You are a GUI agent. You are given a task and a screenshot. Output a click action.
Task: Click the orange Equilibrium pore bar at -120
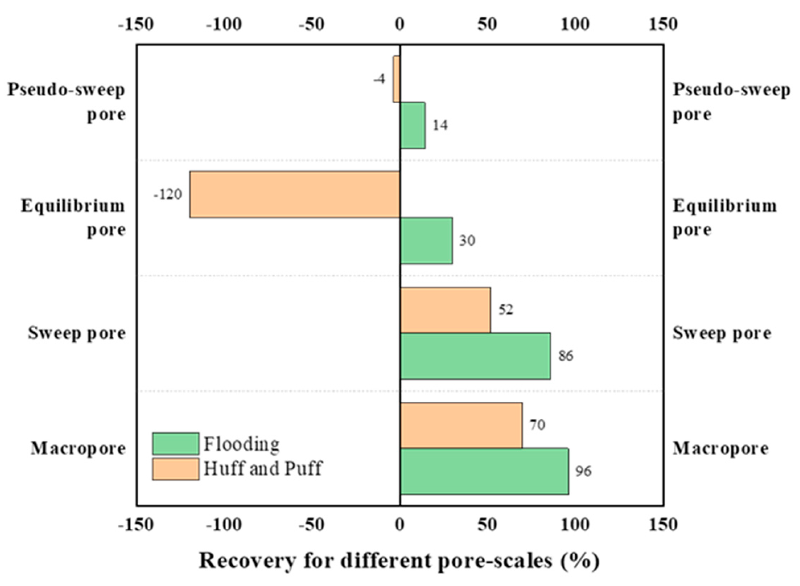pyautogui.click(x=294, y=194)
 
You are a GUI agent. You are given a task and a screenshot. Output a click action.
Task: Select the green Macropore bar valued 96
pyautogui.click(x=484, y=471)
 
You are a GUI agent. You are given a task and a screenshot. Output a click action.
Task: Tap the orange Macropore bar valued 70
pyautogui.click(x=461, y=425)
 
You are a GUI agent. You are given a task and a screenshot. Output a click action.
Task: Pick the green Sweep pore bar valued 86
pyautogui.click(x=475, y=356)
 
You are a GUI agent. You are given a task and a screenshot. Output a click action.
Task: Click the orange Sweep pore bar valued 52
pyautogui.click(x=445, y=310)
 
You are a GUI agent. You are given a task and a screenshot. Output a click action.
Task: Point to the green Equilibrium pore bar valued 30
pyautogui.click(x=426, y=240)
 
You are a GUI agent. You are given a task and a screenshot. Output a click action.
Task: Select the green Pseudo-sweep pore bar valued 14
pyautogui.click(x=413, y=125)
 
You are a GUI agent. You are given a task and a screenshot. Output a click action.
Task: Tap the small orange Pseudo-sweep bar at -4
pyautogui.click(x=396, y=79)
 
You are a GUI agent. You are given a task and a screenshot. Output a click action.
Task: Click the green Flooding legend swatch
pyautogui.click(x=176, y=444)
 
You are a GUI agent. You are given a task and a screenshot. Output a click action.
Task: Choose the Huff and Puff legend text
pyautogui.click(x=263, y=469)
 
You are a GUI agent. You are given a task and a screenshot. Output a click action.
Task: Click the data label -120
pyautogui.click(x=168, y=194)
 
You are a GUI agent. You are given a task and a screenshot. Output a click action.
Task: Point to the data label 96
pyautogui.click(x=583, y=471)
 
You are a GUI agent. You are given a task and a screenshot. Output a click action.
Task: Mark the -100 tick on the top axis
pyautogui.click(x=224, y=24)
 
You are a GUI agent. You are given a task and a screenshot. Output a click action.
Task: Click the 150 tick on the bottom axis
pyautogui.click(x=663, y=525)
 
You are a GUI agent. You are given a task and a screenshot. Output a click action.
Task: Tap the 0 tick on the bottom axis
pyautogui.click(x=400, y=525)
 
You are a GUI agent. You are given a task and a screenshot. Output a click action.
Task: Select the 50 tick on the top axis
pyautogui.click(x=487, y=24)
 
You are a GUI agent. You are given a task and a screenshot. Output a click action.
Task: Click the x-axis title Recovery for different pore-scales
pyautogui.click(x=399, y=561)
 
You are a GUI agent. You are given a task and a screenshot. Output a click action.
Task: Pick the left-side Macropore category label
pyautogui.click(x=78, y=448)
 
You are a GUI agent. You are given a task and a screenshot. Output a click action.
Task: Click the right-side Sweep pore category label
pyautogui.click(x=722, y=333)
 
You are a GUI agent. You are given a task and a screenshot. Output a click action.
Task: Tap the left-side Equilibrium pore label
pyautogui.click(x=73, y=217)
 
